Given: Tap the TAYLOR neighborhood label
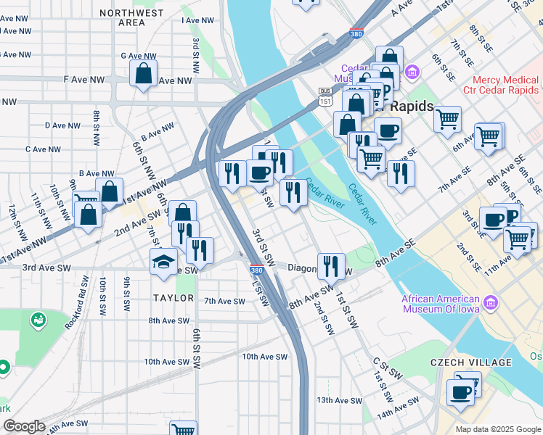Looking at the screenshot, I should pos(173,298).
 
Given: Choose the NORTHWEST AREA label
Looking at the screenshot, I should pos(131,18).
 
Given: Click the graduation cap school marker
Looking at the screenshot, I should pos(164,260).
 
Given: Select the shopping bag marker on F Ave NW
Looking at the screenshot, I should pos(144,72).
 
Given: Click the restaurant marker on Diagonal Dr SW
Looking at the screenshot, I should pos(330,265).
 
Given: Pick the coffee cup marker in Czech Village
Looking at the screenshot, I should pos(460,391).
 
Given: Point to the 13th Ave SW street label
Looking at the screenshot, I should pos(338,400).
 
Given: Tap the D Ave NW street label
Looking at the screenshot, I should pos(62,125).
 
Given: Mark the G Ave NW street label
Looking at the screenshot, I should pos(139,55).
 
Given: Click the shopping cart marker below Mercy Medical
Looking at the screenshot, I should pos(448,117).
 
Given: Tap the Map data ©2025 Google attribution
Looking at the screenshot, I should pos(498,429).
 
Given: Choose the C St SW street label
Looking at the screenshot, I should pos(386,368).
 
